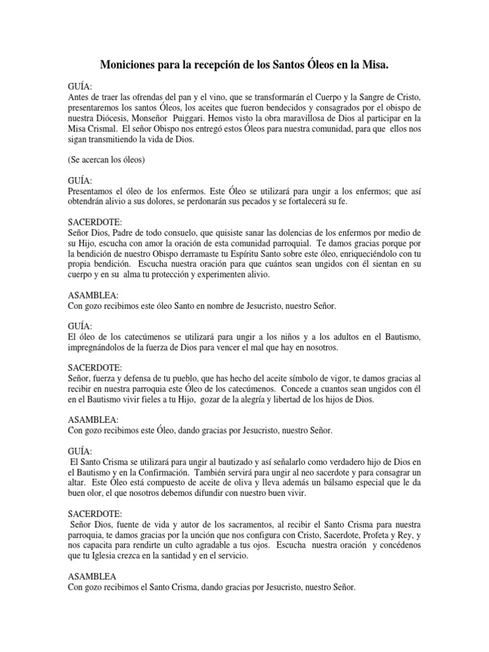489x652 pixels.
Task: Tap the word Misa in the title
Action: tap(372, 65)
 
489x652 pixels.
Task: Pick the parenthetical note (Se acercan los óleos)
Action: tap(106, 160)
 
